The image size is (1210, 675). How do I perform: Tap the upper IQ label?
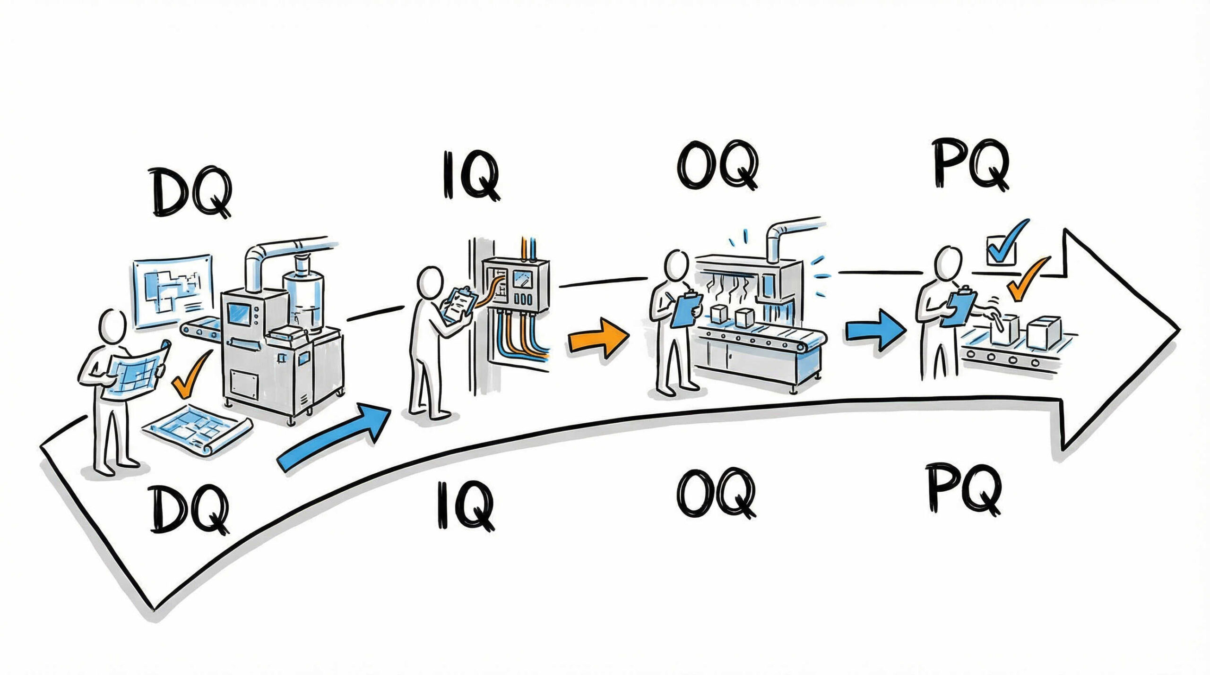click(470, 175)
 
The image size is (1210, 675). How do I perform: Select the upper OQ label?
click(717, 164)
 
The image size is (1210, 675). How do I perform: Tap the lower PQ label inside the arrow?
click(964, 489)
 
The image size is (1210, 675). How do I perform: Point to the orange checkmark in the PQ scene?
click(1027, 279)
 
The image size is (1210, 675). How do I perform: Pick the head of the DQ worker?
click(113, 325)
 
